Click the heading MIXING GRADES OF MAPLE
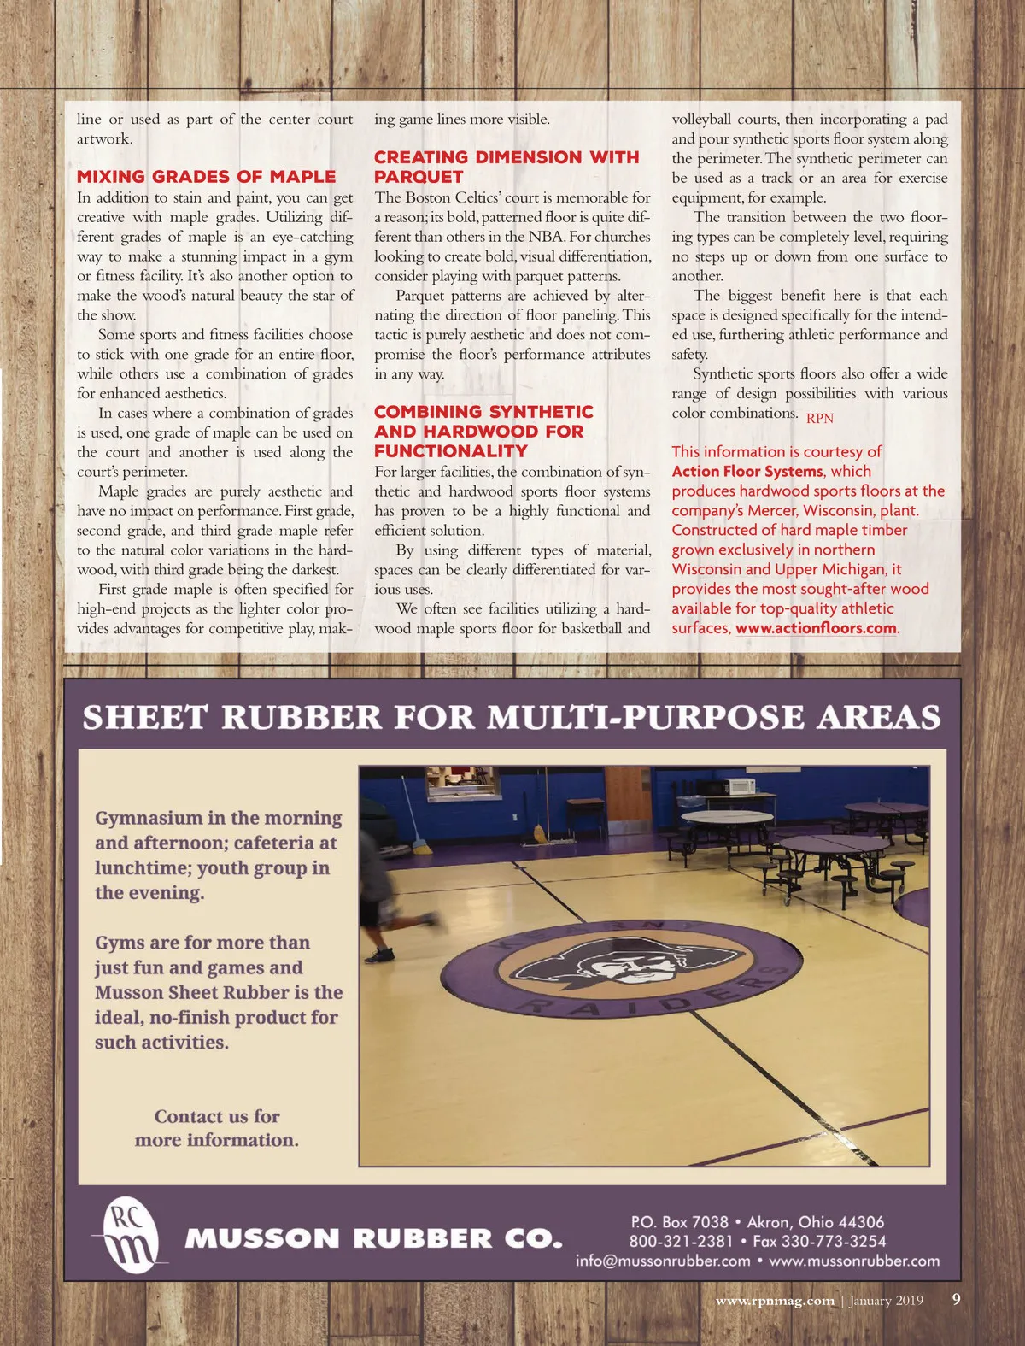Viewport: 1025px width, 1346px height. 206,177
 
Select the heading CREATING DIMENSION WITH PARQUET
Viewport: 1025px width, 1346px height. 506,167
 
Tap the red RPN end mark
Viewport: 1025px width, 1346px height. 819,418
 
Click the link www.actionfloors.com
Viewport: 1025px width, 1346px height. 816,628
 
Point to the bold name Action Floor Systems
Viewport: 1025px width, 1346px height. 747,472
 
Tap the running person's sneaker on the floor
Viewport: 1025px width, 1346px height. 378,955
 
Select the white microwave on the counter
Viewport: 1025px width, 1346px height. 739,786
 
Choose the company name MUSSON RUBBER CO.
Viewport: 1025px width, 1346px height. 373,1238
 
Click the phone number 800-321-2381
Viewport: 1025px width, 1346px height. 681,1241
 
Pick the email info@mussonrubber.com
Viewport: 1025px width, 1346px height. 663,1261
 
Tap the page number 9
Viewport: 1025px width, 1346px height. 956,1300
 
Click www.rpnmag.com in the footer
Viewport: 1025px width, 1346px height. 775,1301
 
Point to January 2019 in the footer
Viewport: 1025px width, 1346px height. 886,1301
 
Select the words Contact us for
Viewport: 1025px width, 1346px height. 217,1116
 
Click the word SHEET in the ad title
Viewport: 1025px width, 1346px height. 144,717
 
